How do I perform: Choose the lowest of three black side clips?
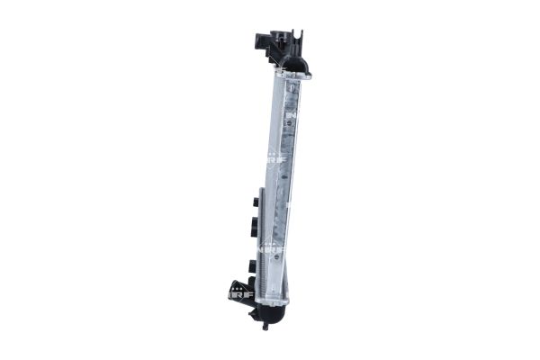(253, 266)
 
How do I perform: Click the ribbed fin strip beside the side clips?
(261, 243)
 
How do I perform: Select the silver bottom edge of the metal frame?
(274, 300)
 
